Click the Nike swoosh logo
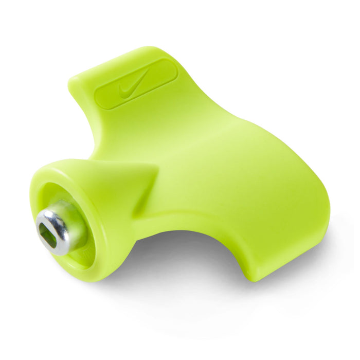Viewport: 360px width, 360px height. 132,86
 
